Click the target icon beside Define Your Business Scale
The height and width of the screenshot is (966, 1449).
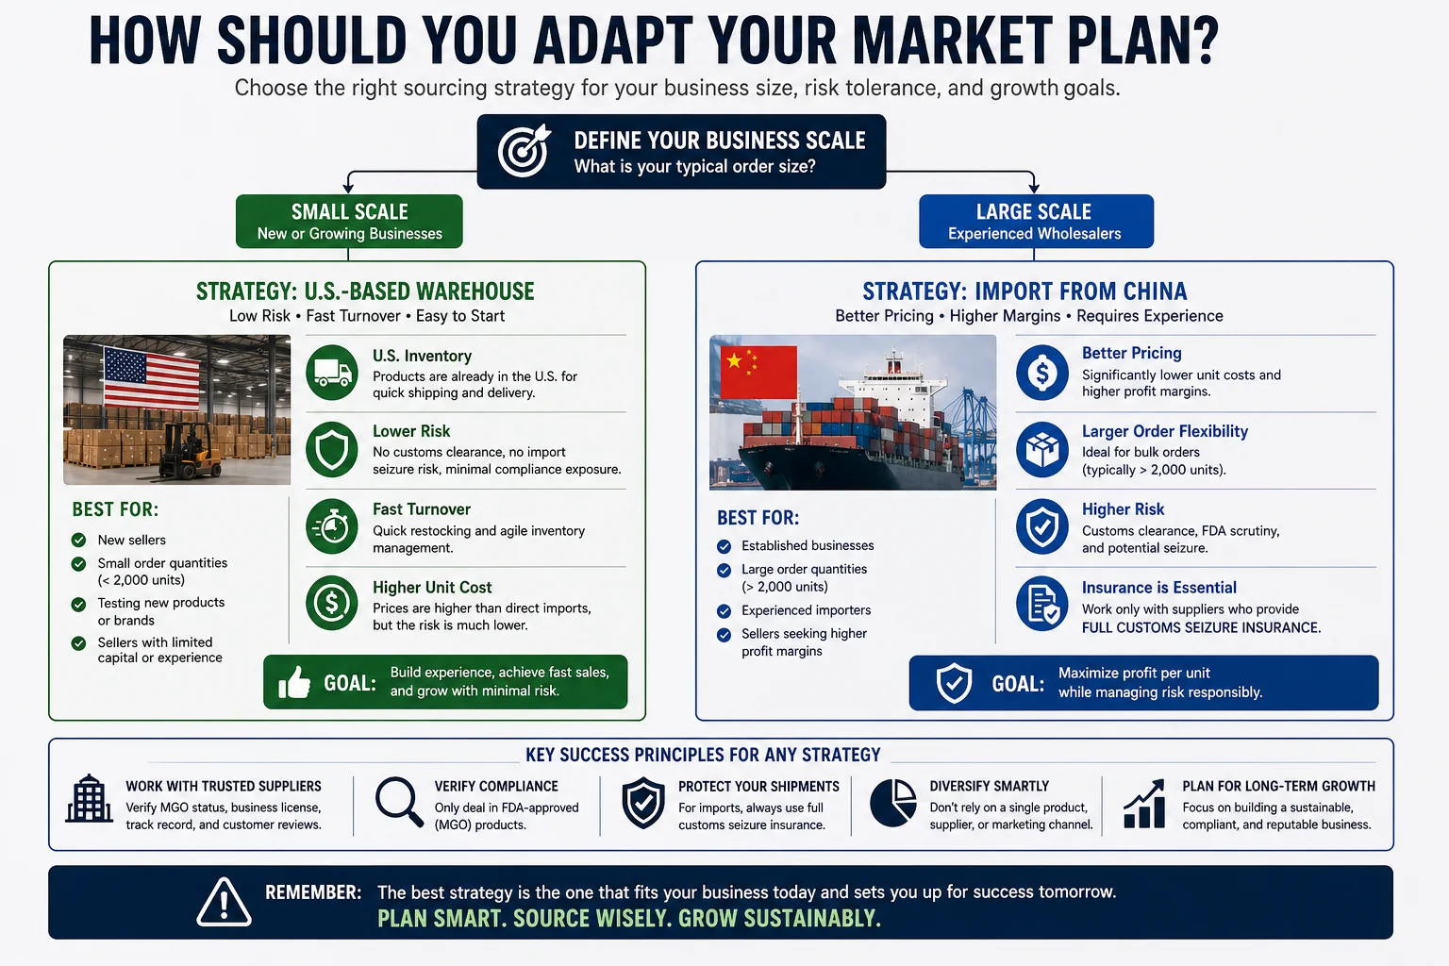[x=524, y=151]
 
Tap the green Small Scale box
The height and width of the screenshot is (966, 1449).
[x=349, y=222]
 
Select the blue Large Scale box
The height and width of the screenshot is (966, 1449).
[x=1035, y=222]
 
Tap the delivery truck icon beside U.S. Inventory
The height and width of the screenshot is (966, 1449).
[x=331, y=372]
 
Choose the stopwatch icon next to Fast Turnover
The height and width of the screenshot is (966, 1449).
[x=331, y=526]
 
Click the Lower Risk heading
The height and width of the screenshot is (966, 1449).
[x=411, y=431]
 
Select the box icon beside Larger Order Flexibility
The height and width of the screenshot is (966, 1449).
[x=1041, y=449]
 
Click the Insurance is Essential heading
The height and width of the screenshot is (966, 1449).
[x=1158, y=587]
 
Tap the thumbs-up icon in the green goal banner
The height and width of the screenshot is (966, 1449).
[x=294, y=682]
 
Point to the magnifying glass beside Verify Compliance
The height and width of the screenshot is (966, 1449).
[x=398, y=802]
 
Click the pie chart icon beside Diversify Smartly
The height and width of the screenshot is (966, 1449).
[x=892, y=803]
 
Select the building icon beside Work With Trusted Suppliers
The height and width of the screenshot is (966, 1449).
[x=90, y=799]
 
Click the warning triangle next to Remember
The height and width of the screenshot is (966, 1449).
[x=224, y=902]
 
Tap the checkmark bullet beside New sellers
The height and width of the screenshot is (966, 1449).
[x=79, y=541]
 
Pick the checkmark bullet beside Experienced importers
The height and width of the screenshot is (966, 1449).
[x=724, y=610]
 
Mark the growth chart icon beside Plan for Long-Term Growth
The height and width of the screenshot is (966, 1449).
[x=1144, y=804]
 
